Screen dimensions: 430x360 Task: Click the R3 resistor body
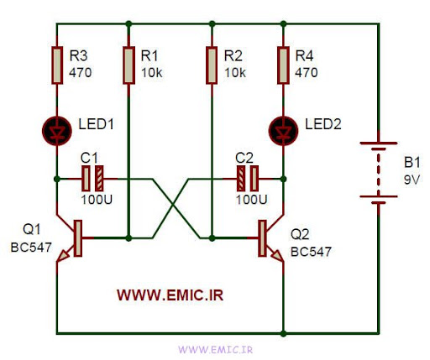57,65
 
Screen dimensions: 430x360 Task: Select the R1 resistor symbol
128,65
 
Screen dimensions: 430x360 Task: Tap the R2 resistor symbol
212,65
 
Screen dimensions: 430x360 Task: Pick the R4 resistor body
283,65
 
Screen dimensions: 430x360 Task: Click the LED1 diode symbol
57,131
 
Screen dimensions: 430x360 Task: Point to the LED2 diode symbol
283,131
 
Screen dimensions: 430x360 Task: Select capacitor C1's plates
92,179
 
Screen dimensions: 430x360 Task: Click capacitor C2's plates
248,179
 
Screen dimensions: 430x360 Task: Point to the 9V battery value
412,180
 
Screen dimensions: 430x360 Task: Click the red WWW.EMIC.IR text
170,295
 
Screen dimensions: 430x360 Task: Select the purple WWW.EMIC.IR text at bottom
216,350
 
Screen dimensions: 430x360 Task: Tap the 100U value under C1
97,200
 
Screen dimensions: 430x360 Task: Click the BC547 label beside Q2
311,252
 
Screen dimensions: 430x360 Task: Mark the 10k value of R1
151,73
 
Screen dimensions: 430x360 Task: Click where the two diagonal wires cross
174,206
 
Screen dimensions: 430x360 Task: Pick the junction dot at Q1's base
128,238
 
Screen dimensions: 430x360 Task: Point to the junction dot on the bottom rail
283,333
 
